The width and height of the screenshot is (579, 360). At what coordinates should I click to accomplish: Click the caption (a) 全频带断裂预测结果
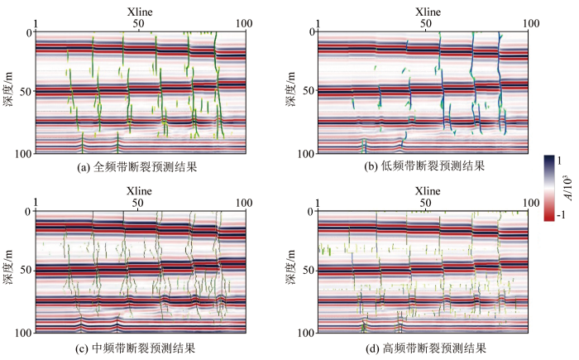pos(137,167)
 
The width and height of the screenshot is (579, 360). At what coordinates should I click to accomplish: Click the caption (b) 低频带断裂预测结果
pos(424,166)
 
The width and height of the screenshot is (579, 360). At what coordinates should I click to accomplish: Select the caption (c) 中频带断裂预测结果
pos(135,348)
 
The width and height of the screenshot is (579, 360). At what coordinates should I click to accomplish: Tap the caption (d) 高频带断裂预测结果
pos(426,348)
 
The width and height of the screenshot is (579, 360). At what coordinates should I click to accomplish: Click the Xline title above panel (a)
pos(140,12)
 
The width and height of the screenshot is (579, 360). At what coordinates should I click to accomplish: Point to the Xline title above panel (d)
pos(428,191)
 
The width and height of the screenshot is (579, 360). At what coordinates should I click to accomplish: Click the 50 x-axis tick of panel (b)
pos(425,24)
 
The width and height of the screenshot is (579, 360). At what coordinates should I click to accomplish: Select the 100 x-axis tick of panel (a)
pos(244,24)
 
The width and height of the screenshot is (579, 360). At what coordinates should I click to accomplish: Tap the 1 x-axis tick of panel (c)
pos(36,203)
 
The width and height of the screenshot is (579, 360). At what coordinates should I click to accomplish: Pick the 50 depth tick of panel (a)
pos(25,91)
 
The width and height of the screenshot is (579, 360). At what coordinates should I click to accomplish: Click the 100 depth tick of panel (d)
pos(306,333)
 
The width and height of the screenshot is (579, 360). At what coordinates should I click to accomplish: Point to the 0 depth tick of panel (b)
pos(312,32)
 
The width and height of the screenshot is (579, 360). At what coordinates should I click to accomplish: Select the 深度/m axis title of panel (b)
pos(290,89)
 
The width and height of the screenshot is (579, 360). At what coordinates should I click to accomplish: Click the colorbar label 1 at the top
pos(559,161)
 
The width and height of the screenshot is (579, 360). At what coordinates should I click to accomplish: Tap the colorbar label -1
pos(561,214)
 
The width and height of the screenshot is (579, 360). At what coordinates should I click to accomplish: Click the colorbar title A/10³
pos(569,188)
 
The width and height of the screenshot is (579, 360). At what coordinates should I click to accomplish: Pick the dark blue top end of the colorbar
pos(549,158)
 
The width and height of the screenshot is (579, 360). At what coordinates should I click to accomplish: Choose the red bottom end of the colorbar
pos(549,218)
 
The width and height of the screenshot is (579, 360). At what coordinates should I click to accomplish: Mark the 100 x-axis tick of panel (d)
pos(531,203)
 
